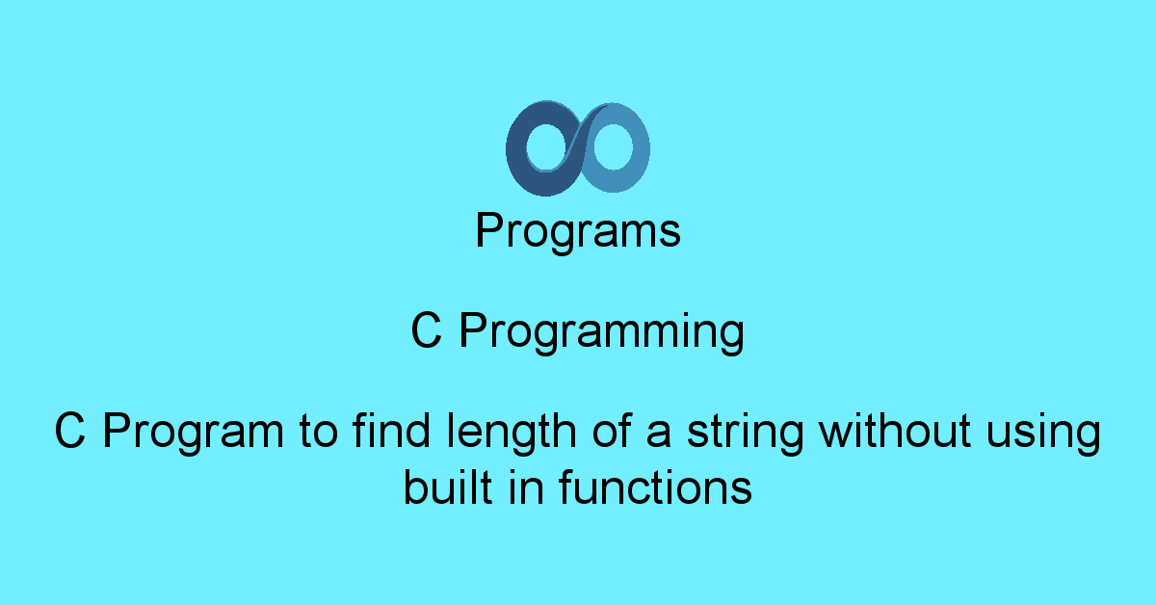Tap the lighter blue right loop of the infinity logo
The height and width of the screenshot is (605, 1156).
639,149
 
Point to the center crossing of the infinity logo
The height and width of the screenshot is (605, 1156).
578,147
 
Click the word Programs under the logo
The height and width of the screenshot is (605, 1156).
578,232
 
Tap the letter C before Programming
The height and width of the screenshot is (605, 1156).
427,332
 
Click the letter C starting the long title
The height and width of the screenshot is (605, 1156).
70,433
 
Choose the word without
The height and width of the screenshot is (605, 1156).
895,433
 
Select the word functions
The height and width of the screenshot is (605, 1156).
655,487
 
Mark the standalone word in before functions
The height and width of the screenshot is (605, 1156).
525,487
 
